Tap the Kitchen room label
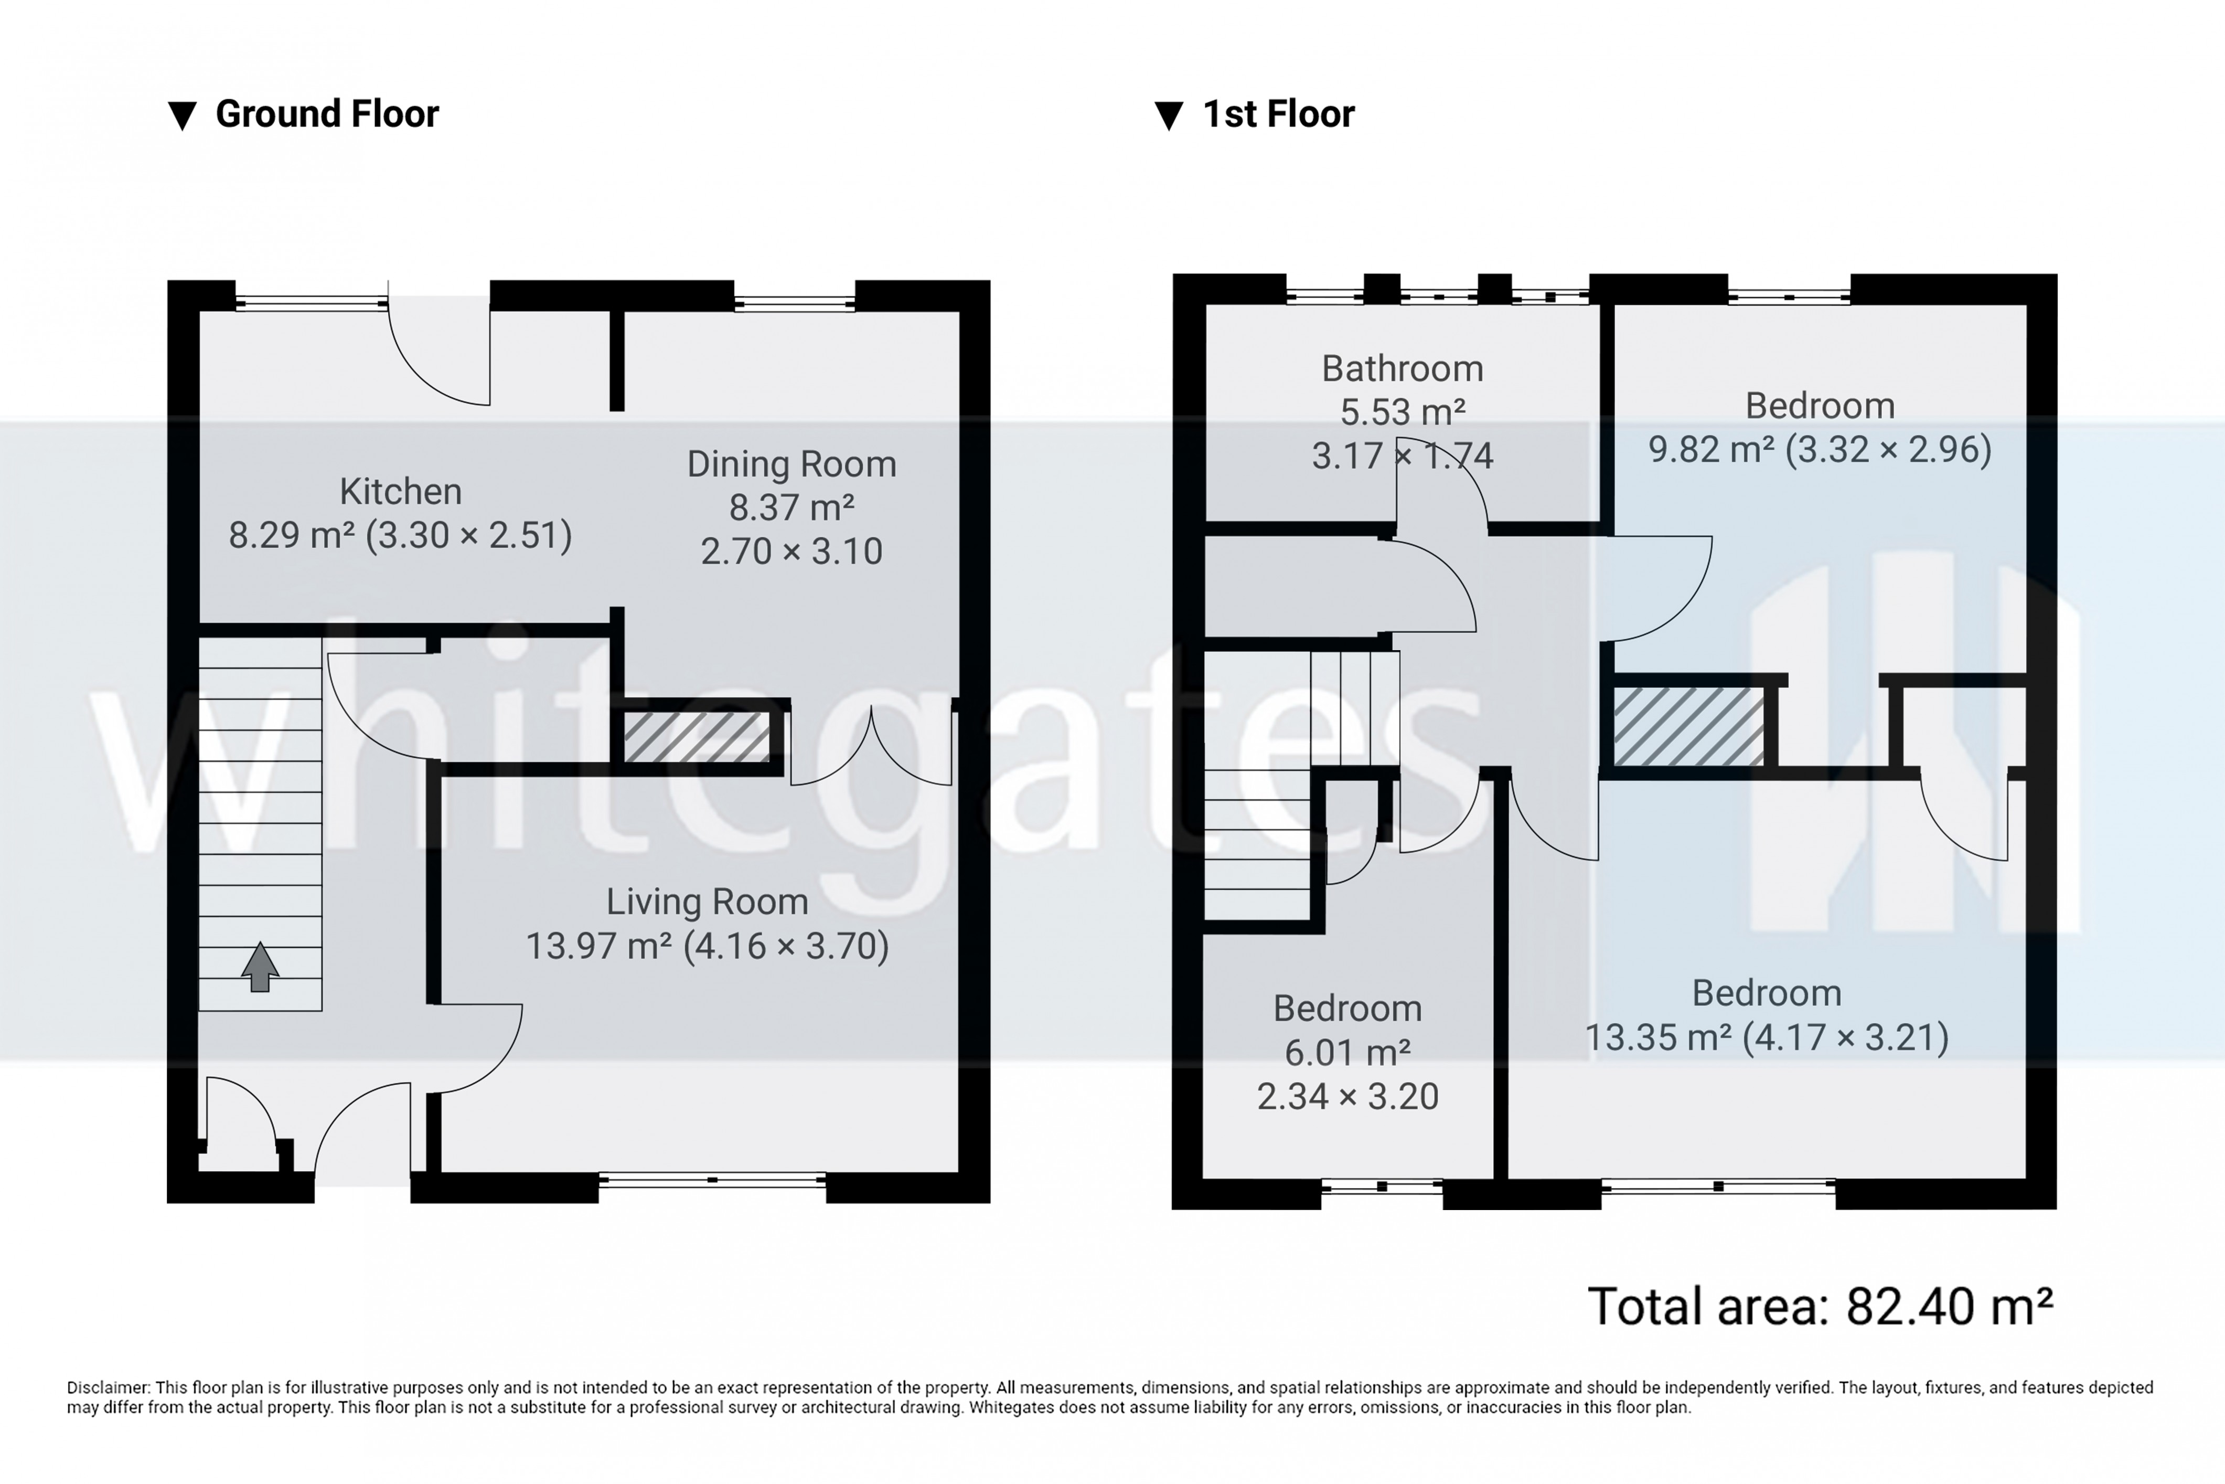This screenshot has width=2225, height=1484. click(x=400, y=491)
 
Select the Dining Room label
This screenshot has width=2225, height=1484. click(x=791, y=464)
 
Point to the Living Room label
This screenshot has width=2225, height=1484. click(x=707, y=901)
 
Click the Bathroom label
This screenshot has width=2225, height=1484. click(x=1402, y=368)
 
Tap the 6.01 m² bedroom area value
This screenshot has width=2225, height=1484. click(x=1347, y=1052)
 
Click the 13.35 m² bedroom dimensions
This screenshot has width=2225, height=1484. click(x=1766, y=1037)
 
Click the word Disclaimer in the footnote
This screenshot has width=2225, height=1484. click(x=108, y=1387)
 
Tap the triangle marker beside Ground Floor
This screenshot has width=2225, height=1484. click(x=181, y=115)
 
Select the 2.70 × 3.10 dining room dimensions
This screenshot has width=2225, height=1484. click(x=791, y=551)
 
